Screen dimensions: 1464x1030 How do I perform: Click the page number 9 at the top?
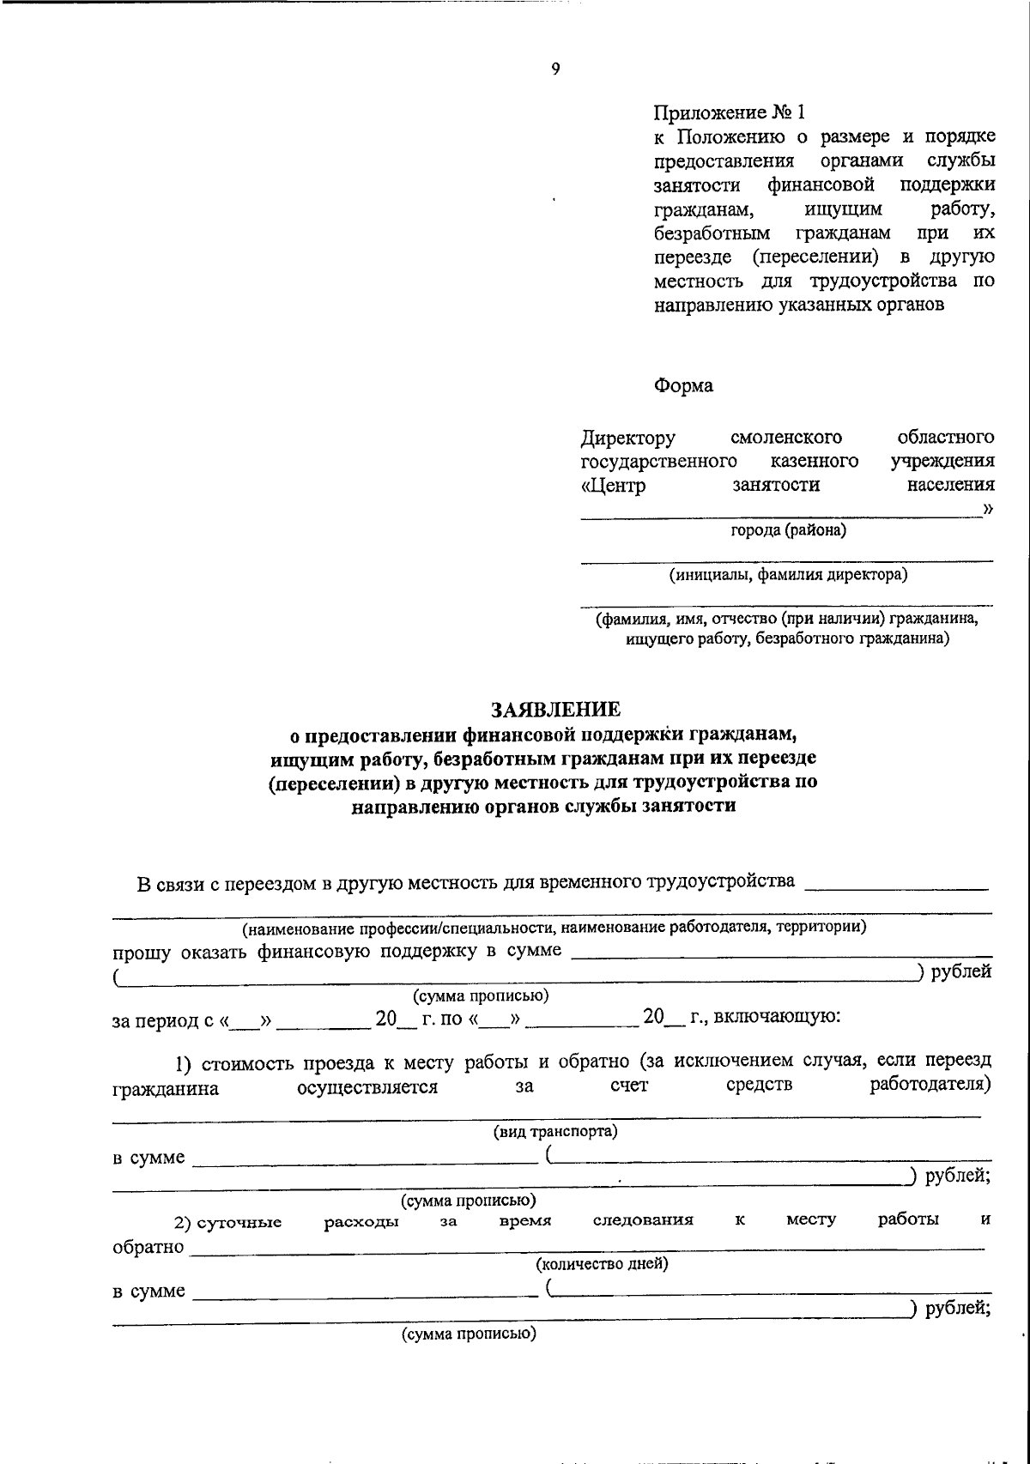pyautogui.click(x=555, y=70)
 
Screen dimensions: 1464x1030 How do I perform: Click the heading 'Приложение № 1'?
pyautogui.click(x=730, y=112)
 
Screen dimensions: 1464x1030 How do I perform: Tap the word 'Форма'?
pyautogui.click(x=683, y=385)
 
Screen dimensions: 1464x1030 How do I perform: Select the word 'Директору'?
pyautogui.click(x=627, y=439)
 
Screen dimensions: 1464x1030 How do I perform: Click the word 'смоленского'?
pyautogui.click(x=785, y=439)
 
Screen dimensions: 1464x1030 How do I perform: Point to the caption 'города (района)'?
pyautogui.click(x=788, y=530)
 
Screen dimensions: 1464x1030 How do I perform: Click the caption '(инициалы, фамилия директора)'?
pyautogui.click(x=788, y=575)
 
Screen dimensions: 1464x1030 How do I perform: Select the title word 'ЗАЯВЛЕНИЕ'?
pyautogui.click(x=554, y=709)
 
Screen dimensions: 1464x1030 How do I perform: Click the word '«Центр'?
pyautogui.click(x=613, y=485)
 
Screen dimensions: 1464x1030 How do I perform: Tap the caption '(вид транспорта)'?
pyautogui.click(x=554, y=1131)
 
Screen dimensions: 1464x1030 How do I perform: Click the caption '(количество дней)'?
pyautogui.click(x=602, y=1263)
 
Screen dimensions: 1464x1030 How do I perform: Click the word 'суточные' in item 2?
pyautogui.click(x=239, y=1223)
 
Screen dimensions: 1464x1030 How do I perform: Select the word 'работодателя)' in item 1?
pyautogui.click(x=931, y=1086)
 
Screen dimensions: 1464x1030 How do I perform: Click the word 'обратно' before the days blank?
pyautogui.click(x=148, y=1247)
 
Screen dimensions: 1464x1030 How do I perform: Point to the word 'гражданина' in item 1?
pyautogui.click(x=165, y=1089)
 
